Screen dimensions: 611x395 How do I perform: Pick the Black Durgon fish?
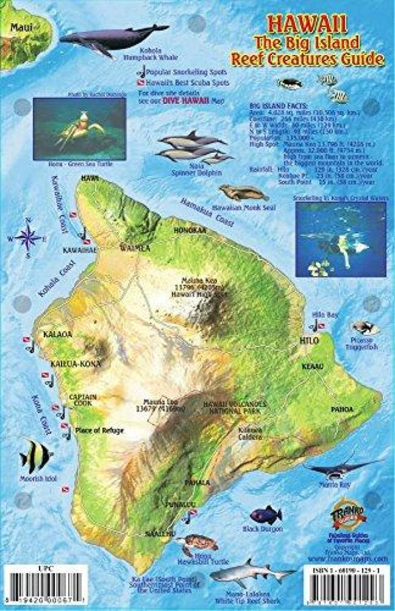265,514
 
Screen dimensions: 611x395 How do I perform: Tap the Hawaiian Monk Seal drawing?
242,194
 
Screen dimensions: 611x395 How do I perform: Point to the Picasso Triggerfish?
362,327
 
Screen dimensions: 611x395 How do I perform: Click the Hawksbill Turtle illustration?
199,543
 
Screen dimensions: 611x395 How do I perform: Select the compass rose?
29,238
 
